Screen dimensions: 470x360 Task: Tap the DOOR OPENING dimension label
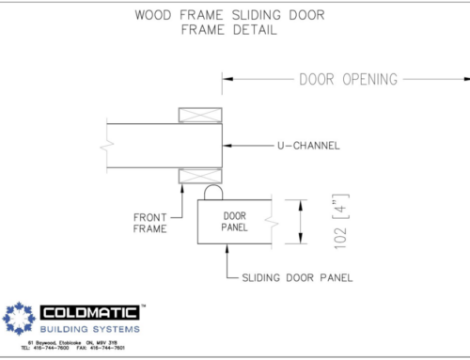tap(348, 79)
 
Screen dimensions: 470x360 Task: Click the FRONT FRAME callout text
tap(151, 220)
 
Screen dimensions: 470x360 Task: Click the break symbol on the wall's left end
tap(106, 147)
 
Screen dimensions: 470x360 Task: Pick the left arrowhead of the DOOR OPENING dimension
tap(226, 80)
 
